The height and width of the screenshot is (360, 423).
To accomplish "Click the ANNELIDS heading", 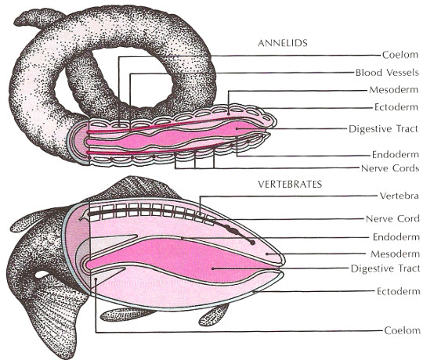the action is pos(283,43).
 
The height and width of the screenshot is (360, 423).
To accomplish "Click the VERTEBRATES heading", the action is pos(290,185).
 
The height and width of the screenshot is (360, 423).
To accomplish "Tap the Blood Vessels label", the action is pos(387,73).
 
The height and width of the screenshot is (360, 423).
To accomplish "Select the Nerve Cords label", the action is pos(390,168).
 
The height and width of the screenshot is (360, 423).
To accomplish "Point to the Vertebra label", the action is pos(399,196).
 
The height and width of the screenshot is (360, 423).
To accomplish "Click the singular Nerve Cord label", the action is pos(392,218).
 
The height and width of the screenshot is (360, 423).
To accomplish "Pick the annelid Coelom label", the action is pos(400,55).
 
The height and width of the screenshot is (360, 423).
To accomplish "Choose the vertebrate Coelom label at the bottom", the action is pos(402,330).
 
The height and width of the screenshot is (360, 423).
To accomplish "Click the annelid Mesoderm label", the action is pos(393,90).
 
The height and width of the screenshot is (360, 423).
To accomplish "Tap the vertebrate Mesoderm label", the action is pos(395,254).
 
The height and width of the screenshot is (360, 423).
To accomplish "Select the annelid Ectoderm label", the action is pos(396,107).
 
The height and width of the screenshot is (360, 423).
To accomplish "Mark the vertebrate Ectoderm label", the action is pos(398,291).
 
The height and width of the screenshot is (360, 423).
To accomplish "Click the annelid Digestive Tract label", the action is pos(383,129).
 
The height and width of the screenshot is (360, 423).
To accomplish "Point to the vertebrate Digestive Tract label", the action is pos(385,268).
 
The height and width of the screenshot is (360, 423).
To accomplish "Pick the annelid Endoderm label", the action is pos(396,154).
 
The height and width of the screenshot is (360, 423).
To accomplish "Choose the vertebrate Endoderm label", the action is pos(396,237).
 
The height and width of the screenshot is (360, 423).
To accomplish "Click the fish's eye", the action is pos(42,275).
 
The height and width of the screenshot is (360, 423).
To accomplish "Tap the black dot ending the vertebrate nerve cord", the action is pos(252,243).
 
